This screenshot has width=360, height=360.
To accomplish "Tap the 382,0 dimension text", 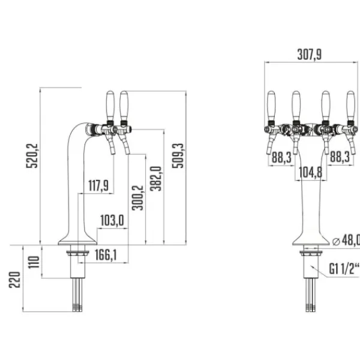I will click(155, 179).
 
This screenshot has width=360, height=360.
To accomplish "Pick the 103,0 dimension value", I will click(112, 221).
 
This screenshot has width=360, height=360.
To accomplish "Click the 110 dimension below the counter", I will click(34, 262).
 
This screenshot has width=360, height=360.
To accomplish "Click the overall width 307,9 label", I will click(309, 54).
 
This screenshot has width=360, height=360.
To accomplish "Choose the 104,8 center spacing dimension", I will click(310, 173).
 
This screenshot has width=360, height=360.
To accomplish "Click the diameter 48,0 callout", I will click(346, 241).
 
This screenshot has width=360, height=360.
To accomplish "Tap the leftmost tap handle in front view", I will click(271, 104).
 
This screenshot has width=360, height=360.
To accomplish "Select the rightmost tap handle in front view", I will click(350, 104).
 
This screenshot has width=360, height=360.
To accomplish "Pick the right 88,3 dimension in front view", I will click(341, 157).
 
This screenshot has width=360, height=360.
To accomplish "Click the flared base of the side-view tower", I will click(77, 238).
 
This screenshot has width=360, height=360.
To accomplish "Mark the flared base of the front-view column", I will click(310, 237).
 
